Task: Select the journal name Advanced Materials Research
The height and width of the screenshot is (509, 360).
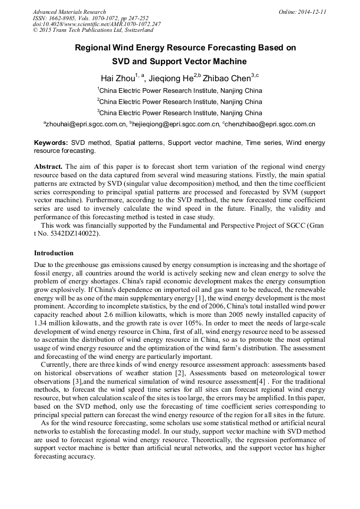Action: click(x=69, y=12)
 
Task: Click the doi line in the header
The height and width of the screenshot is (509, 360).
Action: click(x=97, y=24)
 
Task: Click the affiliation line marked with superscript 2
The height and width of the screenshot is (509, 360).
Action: click(x=179, y=102)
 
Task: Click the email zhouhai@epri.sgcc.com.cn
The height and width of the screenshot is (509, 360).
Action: click(x=86, y=125)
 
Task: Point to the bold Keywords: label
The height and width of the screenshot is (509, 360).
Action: click(x=51, y=143)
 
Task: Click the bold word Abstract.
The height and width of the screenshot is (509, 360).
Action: click(x=48, y=166)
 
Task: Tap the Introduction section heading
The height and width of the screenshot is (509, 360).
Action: click(x=54, y=253)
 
